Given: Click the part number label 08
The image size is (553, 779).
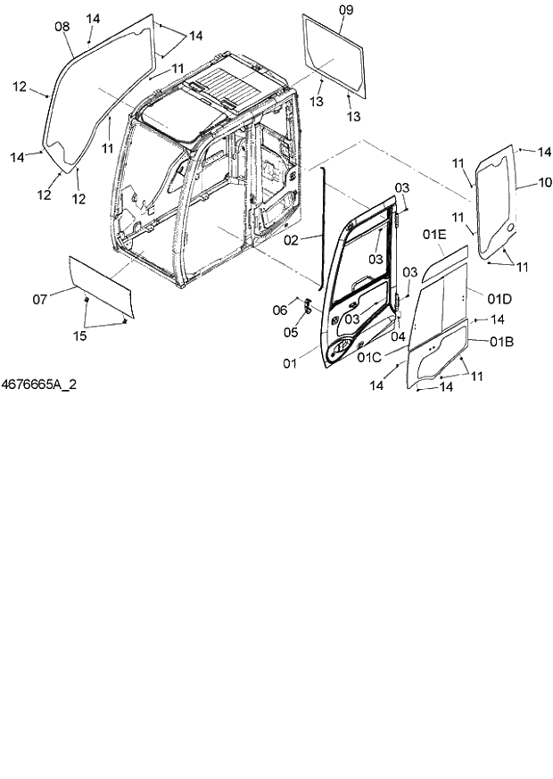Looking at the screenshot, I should (x=62, y=27).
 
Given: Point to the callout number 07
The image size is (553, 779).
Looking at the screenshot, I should (x=40, y=299).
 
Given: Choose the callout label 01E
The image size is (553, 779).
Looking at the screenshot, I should (x=434, y=235).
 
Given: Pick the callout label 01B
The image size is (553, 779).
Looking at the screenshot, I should (x=501, y=341).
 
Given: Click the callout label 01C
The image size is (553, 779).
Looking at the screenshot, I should (x=368, y=358).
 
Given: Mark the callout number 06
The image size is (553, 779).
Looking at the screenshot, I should (x=279, y=310).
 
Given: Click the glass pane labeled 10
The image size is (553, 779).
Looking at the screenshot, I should (x=495, y=205).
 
